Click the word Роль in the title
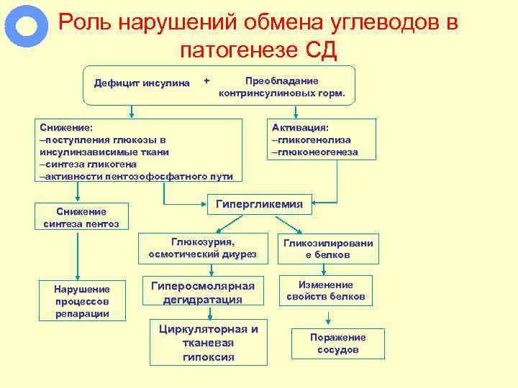point(83,23)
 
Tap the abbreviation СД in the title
point(320,50)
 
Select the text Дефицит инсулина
point(142,83)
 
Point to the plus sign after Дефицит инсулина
point(207,79)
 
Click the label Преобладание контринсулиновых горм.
point(282,87)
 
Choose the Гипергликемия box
point(260,205)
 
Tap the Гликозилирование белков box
point(328,249)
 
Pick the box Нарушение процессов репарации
point(81,301)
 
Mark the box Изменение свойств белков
point(326,290)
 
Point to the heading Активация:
point(300,127)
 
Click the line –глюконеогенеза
point(314,152)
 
